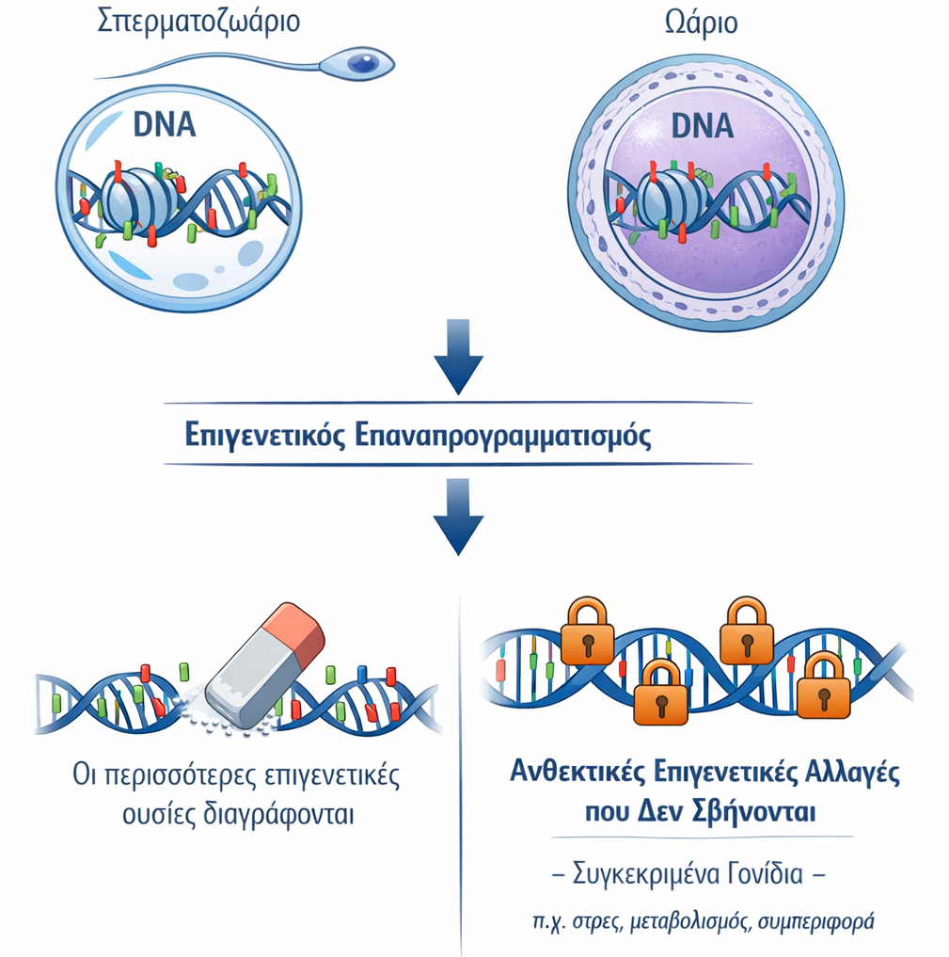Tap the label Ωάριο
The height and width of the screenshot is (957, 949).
tap(700, 23)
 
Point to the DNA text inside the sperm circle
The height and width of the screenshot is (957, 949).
tap(165, 125)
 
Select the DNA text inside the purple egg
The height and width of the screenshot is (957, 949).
tap(702, 125)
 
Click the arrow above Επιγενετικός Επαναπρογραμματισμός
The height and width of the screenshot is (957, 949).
tap(458, 356)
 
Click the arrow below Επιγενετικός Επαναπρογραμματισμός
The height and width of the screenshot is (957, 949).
tap(458, 516)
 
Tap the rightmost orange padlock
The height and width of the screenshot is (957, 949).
tap(823, 687)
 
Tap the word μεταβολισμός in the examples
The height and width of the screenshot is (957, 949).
tap(690, 921)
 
